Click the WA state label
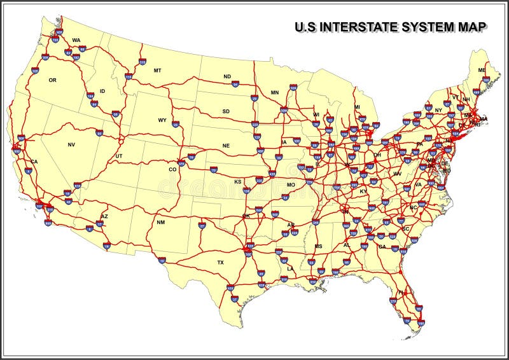pyautogui.click(x=76, y=40)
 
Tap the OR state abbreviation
pyautogui.click(x=53, y=80)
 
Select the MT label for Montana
pyautogui.click(x=157, y=70)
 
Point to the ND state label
pyautogui.click(x=227, y=77)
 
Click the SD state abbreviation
pyautogui.click(x=226, y=111)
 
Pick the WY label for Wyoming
pyautogui.click(x=162, y=120)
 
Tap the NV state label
pyautogui.click(x=71, y=145)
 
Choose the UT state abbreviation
pyautogui.click(x=119, y=156)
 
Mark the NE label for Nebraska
pyautogui.click(x=226, y=146)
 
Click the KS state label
pyautogui.click(x=237, y=182)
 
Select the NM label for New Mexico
pyautogui.click(x=160, y=223)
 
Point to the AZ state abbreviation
pyautogui.click(x=105, y=216)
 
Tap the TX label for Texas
pyautogui.click(x=220, y=262)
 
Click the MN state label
pyautogui.click(x=275, y=93)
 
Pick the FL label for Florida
pyautogui.click(x=402, y=293)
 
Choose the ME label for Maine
pyautogui.click(x=482, y=70)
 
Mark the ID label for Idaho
pyautogui.click(x=102, y=91)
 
